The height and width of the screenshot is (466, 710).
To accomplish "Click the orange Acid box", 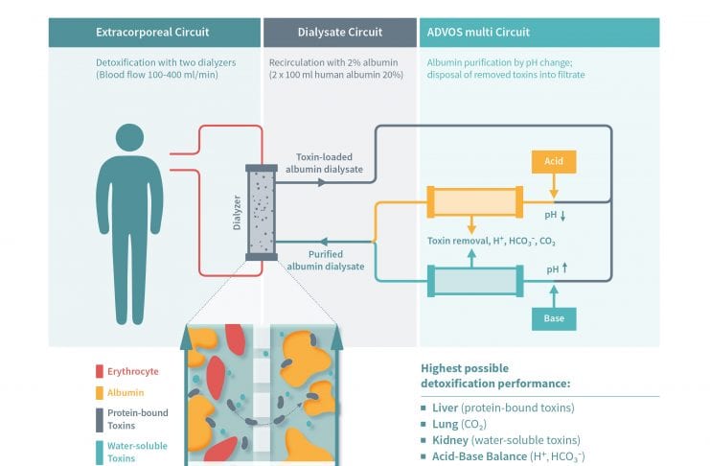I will [x=554, y=162].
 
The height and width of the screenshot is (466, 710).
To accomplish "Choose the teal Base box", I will [x=554, y=316].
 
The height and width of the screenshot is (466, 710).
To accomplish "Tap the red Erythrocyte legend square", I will [x=101, y=371].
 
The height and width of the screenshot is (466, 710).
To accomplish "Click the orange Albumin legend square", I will [x=101, y=393].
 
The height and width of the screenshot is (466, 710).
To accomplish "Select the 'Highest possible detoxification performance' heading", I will [x=494, y=376].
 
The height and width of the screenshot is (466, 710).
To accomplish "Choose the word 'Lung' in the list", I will [x=446, y=424].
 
